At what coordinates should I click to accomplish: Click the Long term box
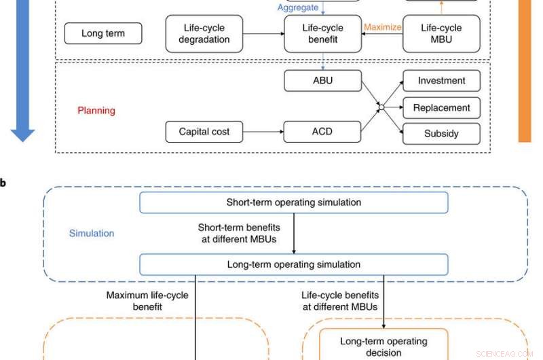(x=103, y=34)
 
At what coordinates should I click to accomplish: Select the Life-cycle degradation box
(x=204, y=34)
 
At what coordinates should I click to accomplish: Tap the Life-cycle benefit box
(x=323, y=34)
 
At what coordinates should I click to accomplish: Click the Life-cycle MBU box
(x=441, y=34)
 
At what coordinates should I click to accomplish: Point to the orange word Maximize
(x=383, y=28)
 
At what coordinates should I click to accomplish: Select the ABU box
(x=322, y=81)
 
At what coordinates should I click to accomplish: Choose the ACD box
(x=322, y=131)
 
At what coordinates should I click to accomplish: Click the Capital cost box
(x=204, y=131)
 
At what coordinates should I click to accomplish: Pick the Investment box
(x=441, y=81)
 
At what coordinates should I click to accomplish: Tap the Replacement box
(x=441, y=107)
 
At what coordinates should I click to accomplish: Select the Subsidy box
(x=441, y=134)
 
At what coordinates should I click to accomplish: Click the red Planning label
(x=96, y=110)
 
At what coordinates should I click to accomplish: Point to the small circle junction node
(x=381, y=107)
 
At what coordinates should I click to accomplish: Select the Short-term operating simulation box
(x=293, y=202)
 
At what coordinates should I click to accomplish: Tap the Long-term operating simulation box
(x=293, y=264)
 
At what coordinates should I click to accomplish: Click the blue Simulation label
(x=92, y=233)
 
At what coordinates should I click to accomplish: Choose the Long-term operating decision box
(x=383, y=346)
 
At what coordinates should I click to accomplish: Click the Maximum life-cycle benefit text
(x=147, y=301)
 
